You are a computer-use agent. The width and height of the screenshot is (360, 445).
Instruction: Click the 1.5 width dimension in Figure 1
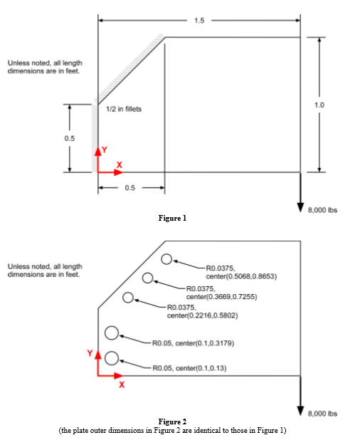click(199, 20)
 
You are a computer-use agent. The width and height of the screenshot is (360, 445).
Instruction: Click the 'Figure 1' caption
click(171, 218)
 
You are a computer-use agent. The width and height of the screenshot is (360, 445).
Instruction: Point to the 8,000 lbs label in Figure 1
click(322, 210)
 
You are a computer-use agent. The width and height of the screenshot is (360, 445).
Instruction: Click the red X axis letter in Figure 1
click(119, 165)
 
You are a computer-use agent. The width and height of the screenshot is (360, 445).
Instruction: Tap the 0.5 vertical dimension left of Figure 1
click(70, 138)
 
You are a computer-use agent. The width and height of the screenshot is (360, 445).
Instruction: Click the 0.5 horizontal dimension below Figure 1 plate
click(129, 187)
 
